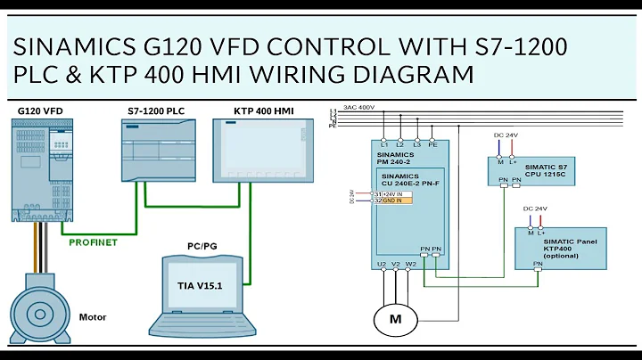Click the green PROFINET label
point(95,241)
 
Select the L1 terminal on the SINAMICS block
point(383,144)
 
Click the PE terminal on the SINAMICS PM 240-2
point(434,144)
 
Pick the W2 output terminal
point(410,264)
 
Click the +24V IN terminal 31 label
point(391,193)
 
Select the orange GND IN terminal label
point(391,200)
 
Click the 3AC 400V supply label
point(359,106)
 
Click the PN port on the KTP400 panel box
point(538,265)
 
